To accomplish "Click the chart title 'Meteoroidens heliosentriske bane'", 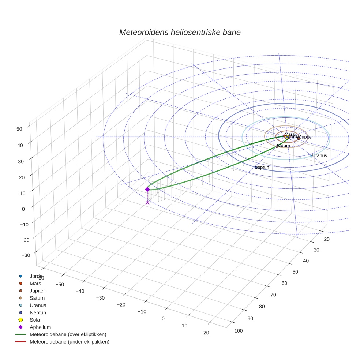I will tap(180, 32).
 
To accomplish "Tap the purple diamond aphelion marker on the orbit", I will tap(147, 189).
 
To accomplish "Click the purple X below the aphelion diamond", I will tap(147, 202).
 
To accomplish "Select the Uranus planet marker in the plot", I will tap(311, 156).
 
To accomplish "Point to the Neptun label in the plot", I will tap(262, 168).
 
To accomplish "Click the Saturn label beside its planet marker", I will tap(284, 146).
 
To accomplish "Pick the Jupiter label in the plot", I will tap(306, 137).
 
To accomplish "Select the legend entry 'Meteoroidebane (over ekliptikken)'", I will tap(68, 334).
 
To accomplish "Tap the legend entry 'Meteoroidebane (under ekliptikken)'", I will tap(69, 342).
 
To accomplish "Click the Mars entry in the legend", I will tap(35, 283).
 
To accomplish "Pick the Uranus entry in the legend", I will tap(38, 305).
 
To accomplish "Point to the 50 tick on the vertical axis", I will tap(19, 128).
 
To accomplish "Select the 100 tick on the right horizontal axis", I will tap(239, 331).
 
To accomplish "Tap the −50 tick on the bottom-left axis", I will tap(60, 284).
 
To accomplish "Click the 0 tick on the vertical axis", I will tap(23, 209).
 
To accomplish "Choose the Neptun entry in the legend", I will tap(38, 312).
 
